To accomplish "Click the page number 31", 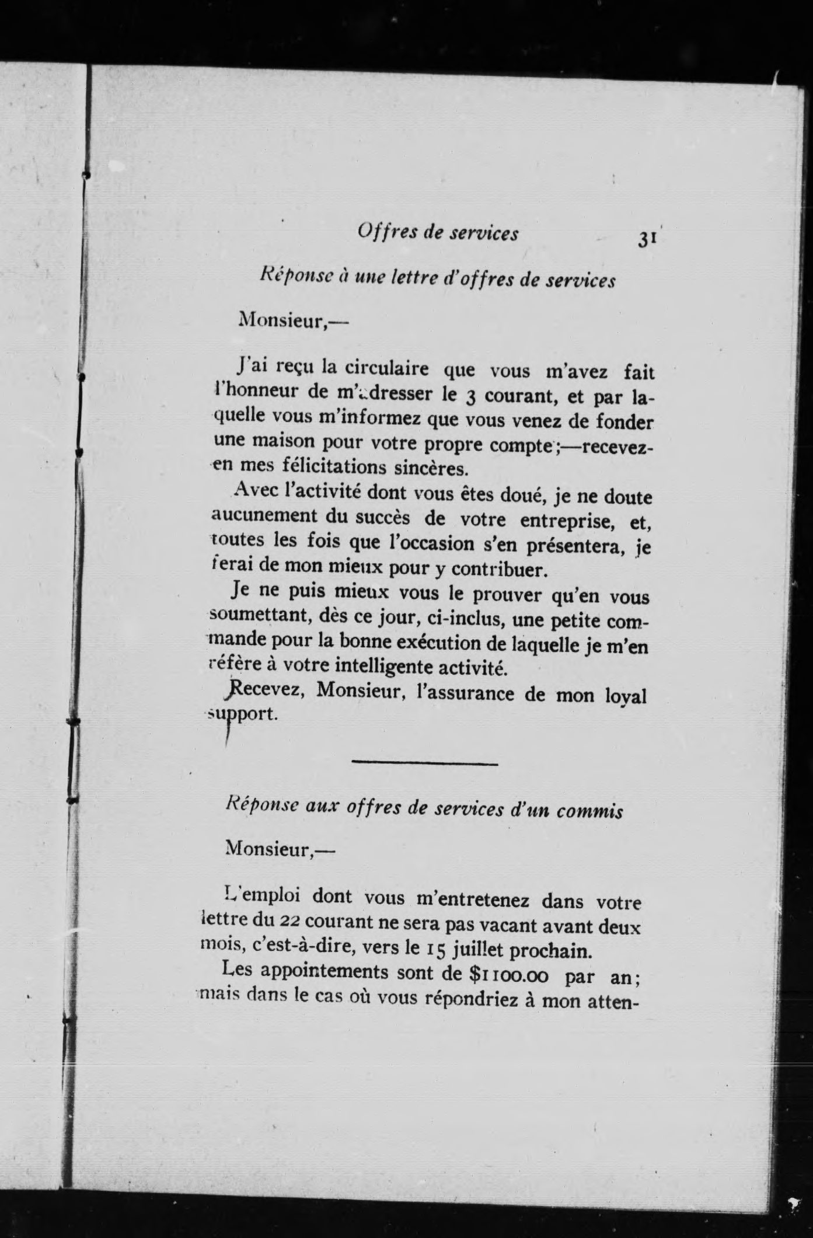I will [648, 240].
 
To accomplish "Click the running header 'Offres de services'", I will [438, 233].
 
